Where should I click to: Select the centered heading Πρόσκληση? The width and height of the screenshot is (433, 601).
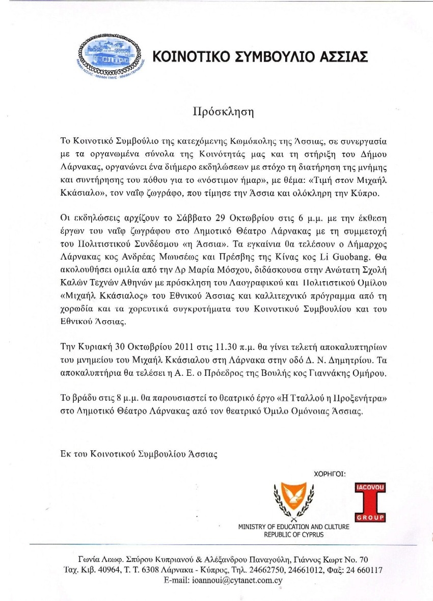(x=216, y=111)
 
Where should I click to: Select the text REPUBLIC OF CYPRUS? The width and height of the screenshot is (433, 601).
(x=293, y=535)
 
